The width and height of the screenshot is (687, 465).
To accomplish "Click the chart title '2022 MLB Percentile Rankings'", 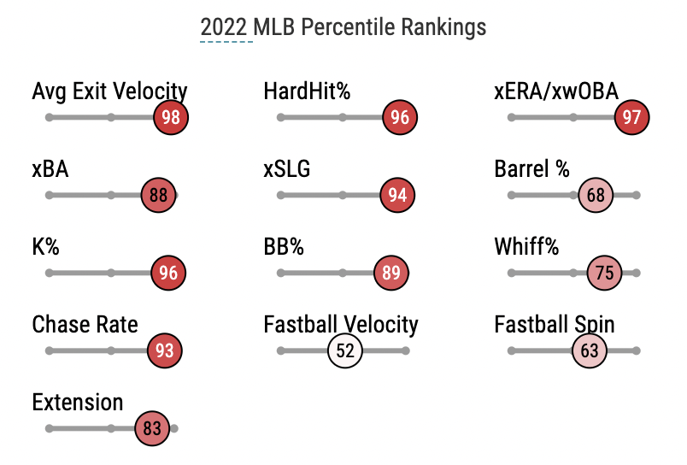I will pyautogui.click(x=343, y=27).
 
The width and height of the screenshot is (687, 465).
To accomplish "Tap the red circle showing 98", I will pyautogui.click(x=171, y=117).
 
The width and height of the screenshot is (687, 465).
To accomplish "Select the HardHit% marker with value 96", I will pyautogui.click(x=400, y=117).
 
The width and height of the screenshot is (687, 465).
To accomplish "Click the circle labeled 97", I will pyautogui.click(x=632, y=117).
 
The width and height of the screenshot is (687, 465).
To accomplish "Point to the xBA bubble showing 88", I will pyautogui.click(x=158, y=195).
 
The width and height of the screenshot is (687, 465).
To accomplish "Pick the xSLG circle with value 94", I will pyautogui.click(x=397, y=195).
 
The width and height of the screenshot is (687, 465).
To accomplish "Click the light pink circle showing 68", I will pyautogui.click(x=596, y=195).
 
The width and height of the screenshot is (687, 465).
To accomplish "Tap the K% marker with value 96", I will pyautogui.click(x=168, y=274).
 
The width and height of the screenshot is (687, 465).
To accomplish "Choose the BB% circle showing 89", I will pyautogui.click(x=391, y=274).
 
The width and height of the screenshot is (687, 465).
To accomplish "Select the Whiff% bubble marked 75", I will pyautogui.click(x=604, y=274).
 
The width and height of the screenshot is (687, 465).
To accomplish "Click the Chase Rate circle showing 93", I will pyautogui.click(x=165, y=350).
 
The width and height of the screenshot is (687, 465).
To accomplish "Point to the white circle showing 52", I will pyautogui.click(x=345, y=350).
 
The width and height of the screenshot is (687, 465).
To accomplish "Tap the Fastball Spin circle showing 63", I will pyautogui.click(x=590, y=350).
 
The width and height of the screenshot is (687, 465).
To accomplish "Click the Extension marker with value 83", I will pyautogui.click(x=152, y=428).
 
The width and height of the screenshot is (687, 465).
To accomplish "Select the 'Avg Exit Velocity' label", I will pyautogui.click(x=109, y=91).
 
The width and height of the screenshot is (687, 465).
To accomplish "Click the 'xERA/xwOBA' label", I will pyautogui.click(x=556, y=91).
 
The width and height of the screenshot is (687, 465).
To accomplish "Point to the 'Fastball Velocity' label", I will pyautogui.click(x=341, y=325).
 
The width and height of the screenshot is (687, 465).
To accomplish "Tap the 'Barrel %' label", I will pyautogui.click(x=531, y=169).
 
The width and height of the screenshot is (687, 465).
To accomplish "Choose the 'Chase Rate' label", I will pyautogui.click(x=85, y=325).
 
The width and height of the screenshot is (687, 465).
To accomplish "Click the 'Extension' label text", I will pyautogui.click(x=78, y=403).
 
